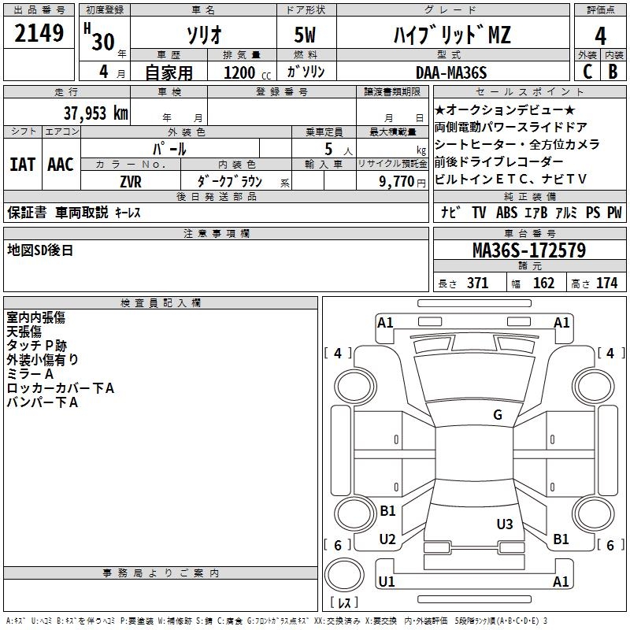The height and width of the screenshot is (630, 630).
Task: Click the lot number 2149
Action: click(x=39, y=35)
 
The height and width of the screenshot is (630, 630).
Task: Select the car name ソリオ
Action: click(x=202, y=35)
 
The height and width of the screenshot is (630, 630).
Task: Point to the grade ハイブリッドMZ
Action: click(x=452, y=35)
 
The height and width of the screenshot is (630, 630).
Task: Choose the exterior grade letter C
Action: click(x=587, y=72)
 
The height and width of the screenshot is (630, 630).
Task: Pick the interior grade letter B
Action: click(x=613, y=72)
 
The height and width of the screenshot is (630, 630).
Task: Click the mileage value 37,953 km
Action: click(x=95, y=113)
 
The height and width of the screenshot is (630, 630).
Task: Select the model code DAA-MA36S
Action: click(x=451, y=72)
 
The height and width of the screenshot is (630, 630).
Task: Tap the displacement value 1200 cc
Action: click(x=244, y=72)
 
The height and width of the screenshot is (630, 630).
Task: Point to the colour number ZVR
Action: click(x=131, y=180)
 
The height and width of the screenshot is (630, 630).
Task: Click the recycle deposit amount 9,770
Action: click(x=397, y=180)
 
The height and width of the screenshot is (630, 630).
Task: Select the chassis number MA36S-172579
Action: click(x=528, y=250)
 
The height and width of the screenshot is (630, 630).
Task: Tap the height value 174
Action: click(x=606, y=283)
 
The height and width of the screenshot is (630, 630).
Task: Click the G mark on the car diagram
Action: click(x=498, y=415)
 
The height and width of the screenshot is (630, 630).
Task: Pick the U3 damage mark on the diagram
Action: click(x=505, y=524)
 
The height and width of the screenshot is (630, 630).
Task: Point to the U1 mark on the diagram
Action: click(x=386, y=581)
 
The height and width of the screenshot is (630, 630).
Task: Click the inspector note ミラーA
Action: click(x=30, y=374)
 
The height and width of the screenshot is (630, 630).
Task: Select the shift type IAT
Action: click(x=22, y=164)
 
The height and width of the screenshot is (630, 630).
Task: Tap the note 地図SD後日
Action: click(x=39, y=250)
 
